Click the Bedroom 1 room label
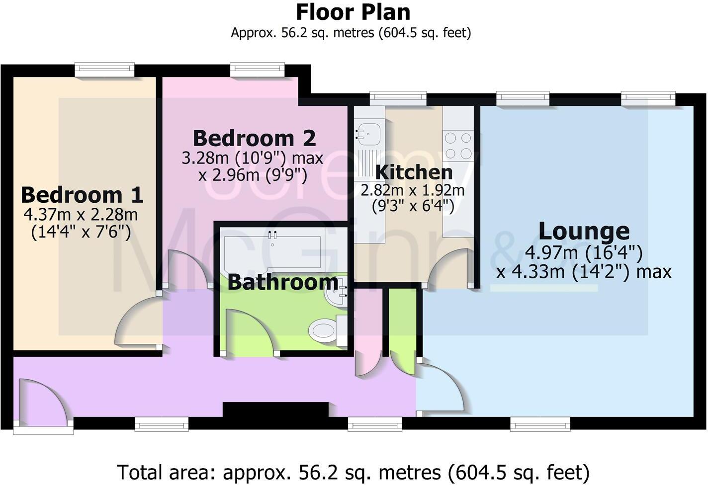pos(82,195)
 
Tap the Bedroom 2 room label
pos(254,138)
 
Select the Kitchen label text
pos(414,172)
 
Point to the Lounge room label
pos(584,231)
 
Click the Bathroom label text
pos(282,282)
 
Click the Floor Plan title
pos(353,12)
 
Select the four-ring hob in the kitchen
pos(458,145)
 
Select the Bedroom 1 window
pos(104,69)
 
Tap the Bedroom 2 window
pos(257,69)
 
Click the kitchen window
pos(398,98)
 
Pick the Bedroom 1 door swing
pos(137,323)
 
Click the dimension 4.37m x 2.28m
pos(81,215)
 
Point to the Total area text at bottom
pos(353,471)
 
